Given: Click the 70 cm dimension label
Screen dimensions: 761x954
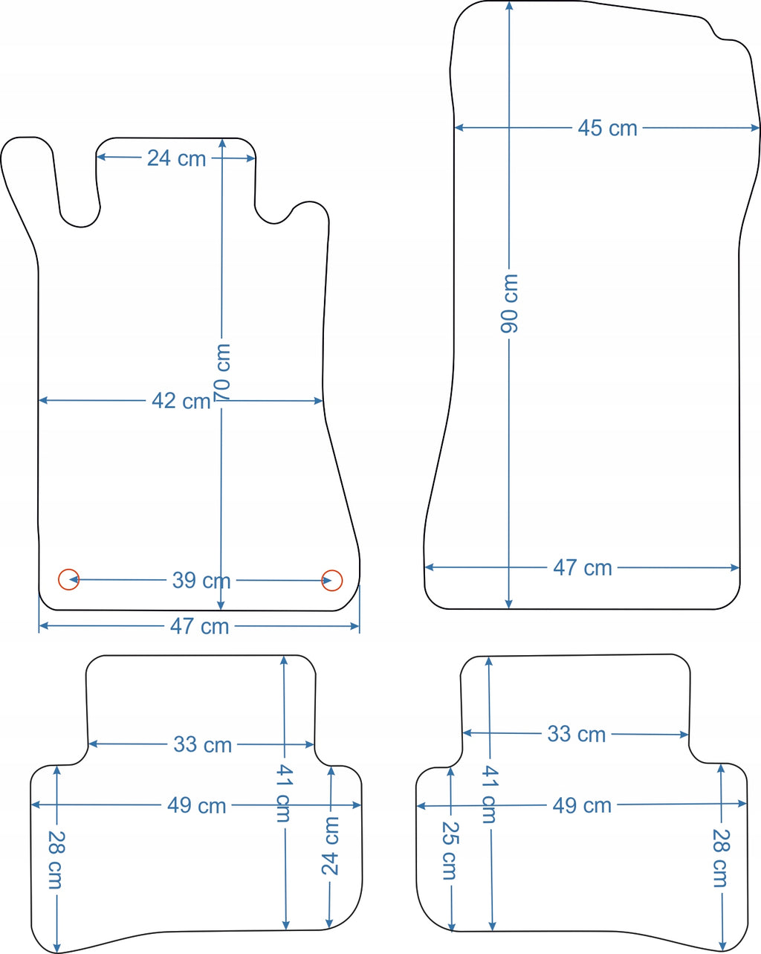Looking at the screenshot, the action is click(x=222, y=373).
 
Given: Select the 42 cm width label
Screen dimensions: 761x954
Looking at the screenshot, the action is click(x=181, y=402).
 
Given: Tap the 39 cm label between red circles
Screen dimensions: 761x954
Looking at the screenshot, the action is click(x=201, y=580).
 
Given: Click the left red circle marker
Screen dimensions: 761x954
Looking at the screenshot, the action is click(x=68, y=579).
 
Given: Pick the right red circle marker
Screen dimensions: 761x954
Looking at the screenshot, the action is click(x=332, y=580).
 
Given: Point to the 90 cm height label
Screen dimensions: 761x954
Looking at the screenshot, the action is click(x=509, y=303).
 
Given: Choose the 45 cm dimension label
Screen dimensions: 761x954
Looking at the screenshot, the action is click(x=607, y=128).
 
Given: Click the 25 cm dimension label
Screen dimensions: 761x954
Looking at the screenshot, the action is click(x=450, y=851).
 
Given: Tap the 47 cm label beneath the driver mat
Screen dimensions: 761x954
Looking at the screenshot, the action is click(x=199, y=626).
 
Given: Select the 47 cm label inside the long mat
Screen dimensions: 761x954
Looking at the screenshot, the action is click(x=583, y=568).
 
